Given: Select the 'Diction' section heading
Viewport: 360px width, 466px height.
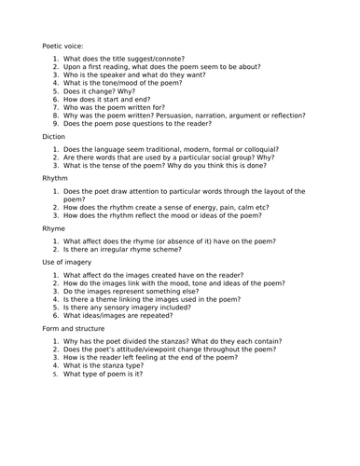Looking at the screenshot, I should [55, 136].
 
